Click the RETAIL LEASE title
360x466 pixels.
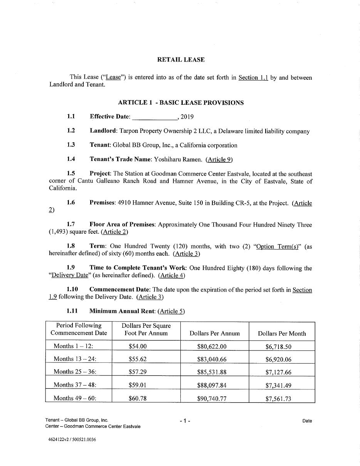point(181,60)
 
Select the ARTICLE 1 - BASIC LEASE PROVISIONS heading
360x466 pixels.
point(181,102)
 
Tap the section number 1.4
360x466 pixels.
point(71,159)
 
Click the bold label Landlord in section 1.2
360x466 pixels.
point(103,131)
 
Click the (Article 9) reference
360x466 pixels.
point(219,159)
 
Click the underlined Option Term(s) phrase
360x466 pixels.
point(278,246)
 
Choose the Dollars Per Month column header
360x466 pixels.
point(282,334)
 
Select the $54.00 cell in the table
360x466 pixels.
point(138,346)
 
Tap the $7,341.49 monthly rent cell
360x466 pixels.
point(278,385)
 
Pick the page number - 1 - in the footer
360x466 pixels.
point(185,421)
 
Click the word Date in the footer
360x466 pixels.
point(307,421)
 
